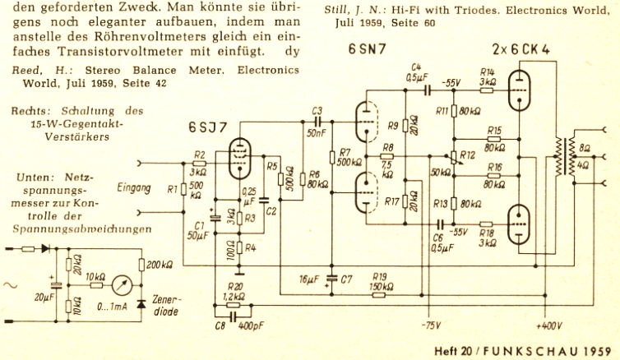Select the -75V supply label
click(x=430, y=325)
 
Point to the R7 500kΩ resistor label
click(x=345, y=158)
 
